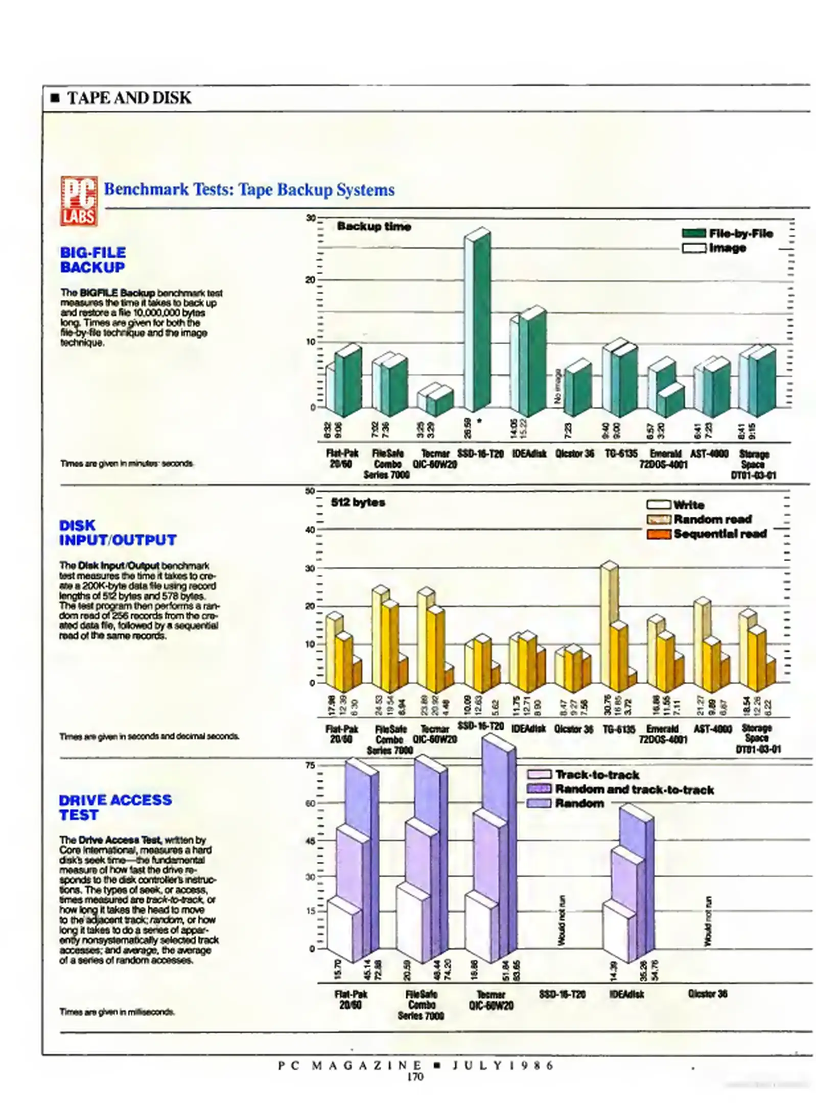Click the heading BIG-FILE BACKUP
click(92, 259)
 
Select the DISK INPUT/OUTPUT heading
click(118, 532)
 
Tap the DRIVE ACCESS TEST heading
click(115, 807)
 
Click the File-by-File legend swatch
click(693, 233)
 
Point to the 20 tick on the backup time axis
click(311, 280)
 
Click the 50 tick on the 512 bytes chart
click(310, 491)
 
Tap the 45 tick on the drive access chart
click(310, 841)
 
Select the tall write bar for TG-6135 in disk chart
click(608, 623)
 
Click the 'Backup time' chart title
click(374, 226)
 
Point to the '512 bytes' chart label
click(358, 502)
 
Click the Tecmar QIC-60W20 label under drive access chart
click(491, 999)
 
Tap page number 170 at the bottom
click(415, 1077)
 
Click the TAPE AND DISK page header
click(129, 98)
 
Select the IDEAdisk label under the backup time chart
click(528, 453)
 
